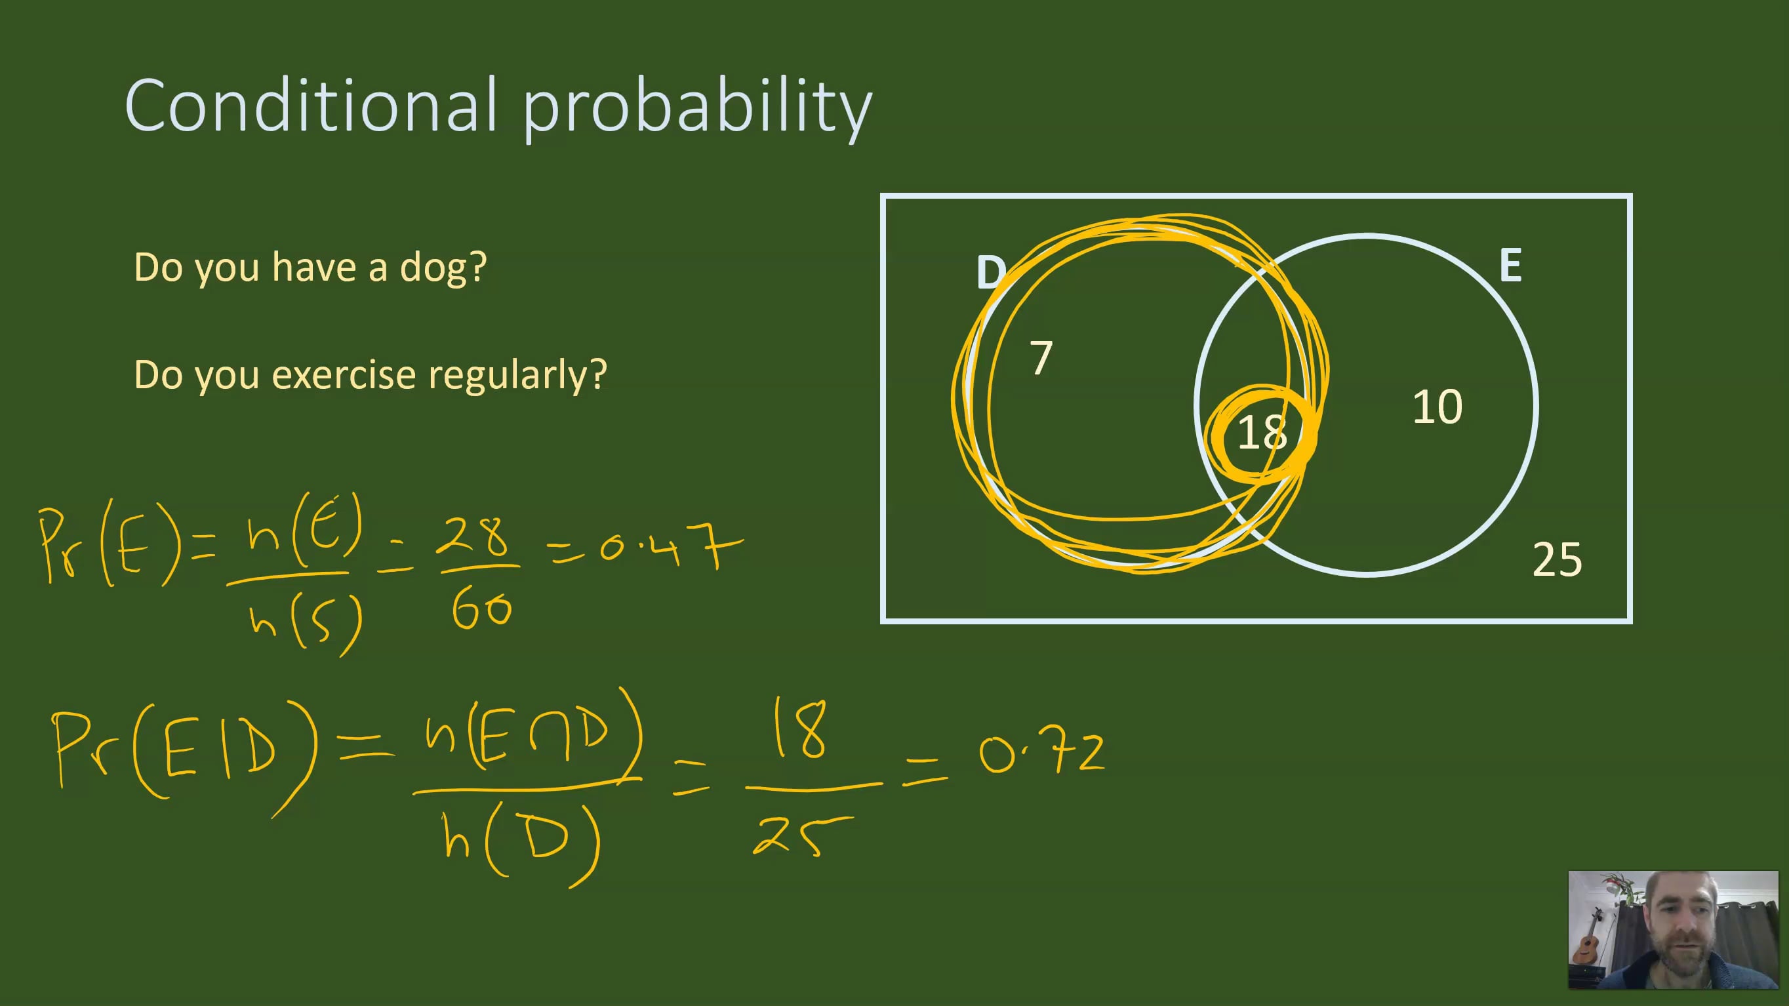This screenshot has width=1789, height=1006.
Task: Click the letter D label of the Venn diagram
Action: [990, 272]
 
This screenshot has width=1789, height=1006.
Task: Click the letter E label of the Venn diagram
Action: [1510, 265]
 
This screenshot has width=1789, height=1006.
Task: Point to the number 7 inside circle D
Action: [1040, 357]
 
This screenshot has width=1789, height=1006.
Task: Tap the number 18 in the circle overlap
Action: [1262, 433]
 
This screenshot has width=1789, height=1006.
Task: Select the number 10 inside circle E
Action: [1437, 406]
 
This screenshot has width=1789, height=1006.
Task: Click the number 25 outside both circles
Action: [1556, 559]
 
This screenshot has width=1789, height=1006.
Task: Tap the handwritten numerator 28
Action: [475, 536]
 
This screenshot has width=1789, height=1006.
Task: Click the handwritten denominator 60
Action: [481, 611]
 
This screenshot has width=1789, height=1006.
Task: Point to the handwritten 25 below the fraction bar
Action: [799, 836]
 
